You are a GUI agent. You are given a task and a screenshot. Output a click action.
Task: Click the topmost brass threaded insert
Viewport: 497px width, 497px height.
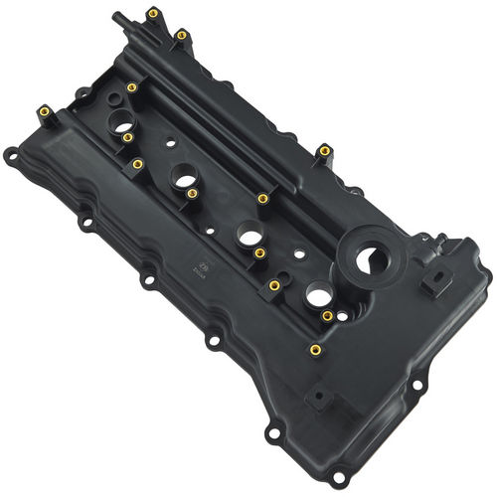click(x=152, y=14)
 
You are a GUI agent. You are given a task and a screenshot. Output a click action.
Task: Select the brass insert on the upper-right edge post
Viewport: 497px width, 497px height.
click(x=325, y=151)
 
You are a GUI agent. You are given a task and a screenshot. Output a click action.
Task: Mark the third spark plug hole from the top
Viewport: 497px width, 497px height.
click(x=248, y=237)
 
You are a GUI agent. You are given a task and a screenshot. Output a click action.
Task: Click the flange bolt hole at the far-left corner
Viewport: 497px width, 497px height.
click(x=9, y=155)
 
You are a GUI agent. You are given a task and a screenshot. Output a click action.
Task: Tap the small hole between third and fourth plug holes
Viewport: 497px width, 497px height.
click(x=285, y=252)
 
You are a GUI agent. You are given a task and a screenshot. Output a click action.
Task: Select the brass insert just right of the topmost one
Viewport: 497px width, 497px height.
click(x=181, y=35)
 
